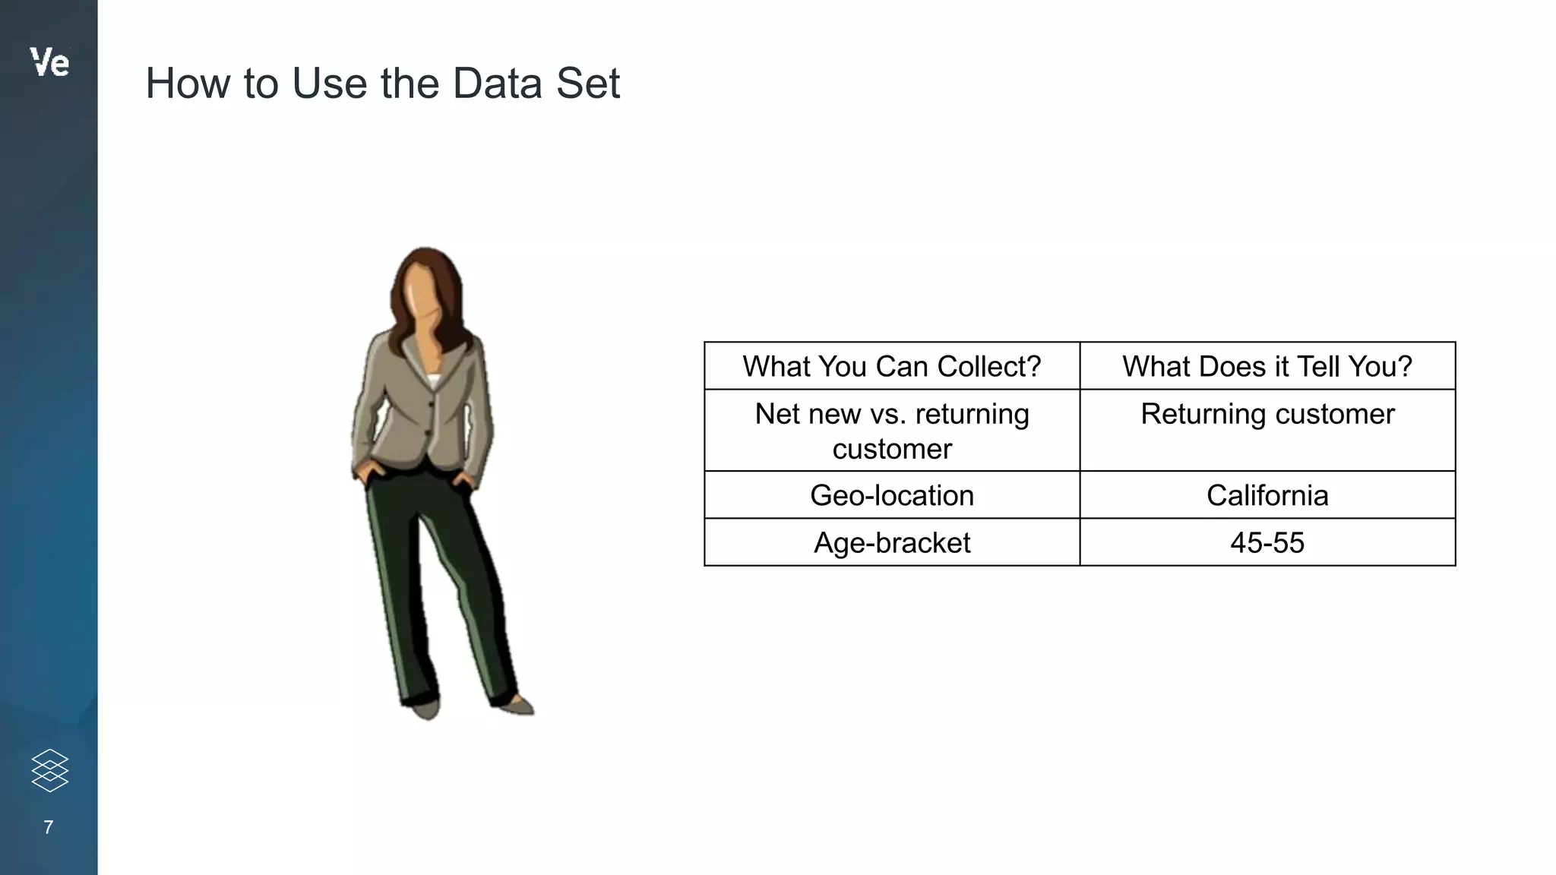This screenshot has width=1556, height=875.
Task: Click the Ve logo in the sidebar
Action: coord(49,62)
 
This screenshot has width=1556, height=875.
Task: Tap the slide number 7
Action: coord(49,827)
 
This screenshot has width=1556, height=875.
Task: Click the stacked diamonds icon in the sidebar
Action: coord(50,770)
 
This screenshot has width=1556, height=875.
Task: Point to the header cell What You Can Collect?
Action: coord(891,366)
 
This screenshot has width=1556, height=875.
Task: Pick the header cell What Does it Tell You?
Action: coord(1267,366)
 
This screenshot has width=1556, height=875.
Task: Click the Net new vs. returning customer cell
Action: coord(891,431)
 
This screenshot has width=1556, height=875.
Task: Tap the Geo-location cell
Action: coord(891,495)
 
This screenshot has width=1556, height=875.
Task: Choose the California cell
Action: coord(1267,495)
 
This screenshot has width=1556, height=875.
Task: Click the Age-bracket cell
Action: coord(891,542)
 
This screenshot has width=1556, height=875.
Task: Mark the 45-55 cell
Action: coord(1267,542)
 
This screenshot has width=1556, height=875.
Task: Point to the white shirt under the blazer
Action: coord(433,381)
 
